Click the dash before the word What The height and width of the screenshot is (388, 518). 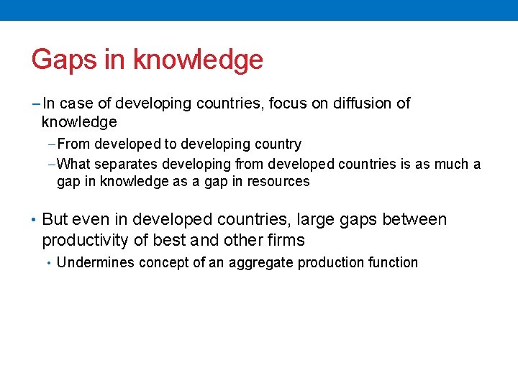pyautogui.click(x=60, y=164)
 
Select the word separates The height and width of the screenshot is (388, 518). pyautogui.click(x=123, y=164)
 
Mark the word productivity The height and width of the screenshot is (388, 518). pyautogui.click(x=86, y=240)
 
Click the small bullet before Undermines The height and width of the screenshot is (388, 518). pyautogui.click(x=49, y=263)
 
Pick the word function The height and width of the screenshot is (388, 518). pyautogui.click(x=392, y=263)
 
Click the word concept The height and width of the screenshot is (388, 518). pyautogui.click(x=164, y=263)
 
